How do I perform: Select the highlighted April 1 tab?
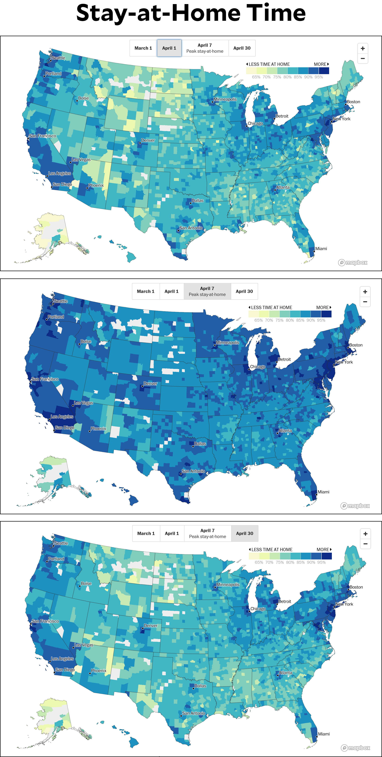point(169,48)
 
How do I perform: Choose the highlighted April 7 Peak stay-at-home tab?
point(207,292)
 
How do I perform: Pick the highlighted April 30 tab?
point(244,533)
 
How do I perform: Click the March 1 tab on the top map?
point(143,48)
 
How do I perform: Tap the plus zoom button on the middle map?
point(365,292)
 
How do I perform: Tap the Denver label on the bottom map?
point(151,626)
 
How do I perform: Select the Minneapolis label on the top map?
point(225,99)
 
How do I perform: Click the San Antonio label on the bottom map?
point(194,713)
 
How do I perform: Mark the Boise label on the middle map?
point(86,342)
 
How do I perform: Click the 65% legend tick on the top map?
point(256,77)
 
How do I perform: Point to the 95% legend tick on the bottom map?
point(321,562)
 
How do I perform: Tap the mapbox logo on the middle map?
point(355,506)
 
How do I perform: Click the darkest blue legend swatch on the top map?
point(324,71)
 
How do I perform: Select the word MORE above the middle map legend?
point(322,307)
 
